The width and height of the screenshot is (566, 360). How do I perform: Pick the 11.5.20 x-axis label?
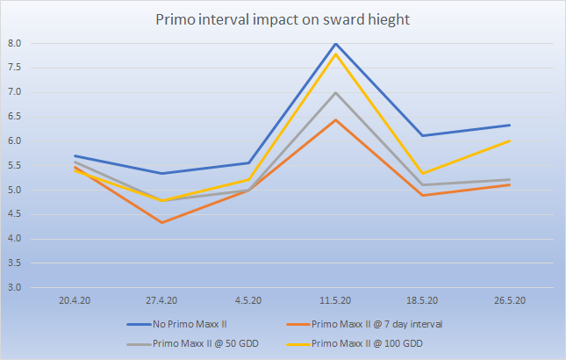pos(335,300)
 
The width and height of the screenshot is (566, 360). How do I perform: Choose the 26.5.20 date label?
pos(509,300)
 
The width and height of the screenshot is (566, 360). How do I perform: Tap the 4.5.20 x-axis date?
pos(248,300)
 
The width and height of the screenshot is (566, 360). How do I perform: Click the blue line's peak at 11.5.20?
pos(335,43)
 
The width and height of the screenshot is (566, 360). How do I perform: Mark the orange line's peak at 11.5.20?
pos(335,119)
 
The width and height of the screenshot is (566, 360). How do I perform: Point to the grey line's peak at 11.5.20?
pos(335,92)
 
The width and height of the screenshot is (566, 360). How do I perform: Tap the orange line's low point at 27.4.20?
pos(161,222)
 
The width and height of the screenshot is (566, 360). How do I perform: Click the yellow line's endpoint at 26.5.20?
pos(509,140)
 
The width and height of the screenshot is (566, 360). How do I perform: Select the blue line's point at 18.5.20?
pos(422,135)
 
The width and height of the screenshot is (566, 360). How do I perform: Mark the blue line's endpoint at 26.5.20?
pos(509,125)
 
